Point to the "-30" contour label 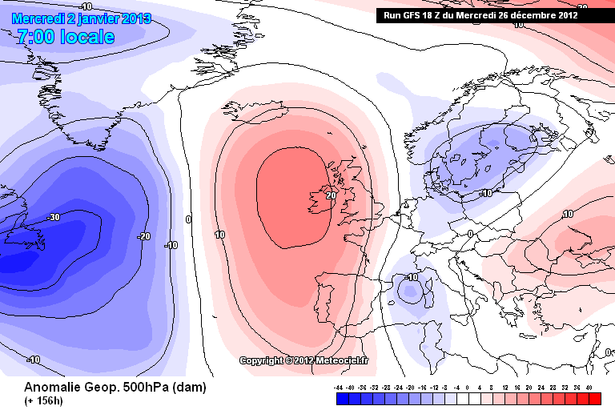click(54, 217)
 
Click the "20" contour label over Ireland click(331, 195)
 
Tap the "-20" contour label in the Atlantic click(144, 236)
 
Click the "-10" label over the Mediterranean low click(412, 277)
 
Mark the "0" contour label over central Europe click(471, 234)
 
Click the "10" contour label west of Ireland click(219, 235)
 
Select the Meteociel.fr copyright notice click(304, 360)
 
